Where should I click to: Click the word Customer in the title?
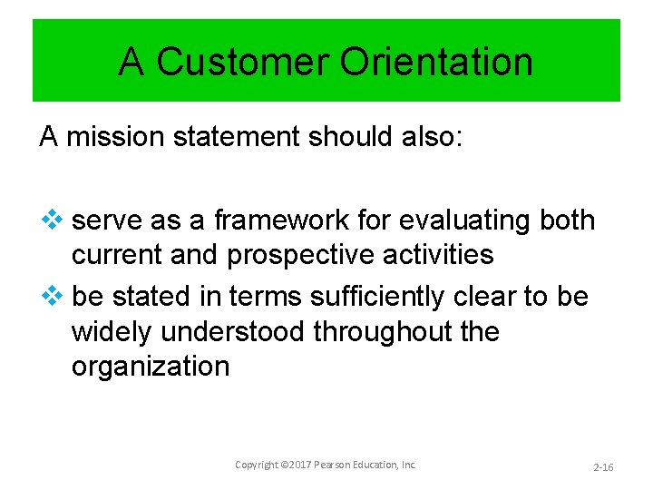(243, 62)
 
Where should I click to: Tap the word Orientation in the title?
(437, 62)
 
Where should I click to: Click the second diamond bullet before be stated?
(51, 296)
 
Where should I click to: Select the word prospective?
(302, 255)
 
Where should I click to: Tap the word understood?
(234, 331)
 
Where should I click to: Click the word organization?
(151, 367)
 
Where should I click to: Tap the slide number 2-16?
(603, 466)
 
